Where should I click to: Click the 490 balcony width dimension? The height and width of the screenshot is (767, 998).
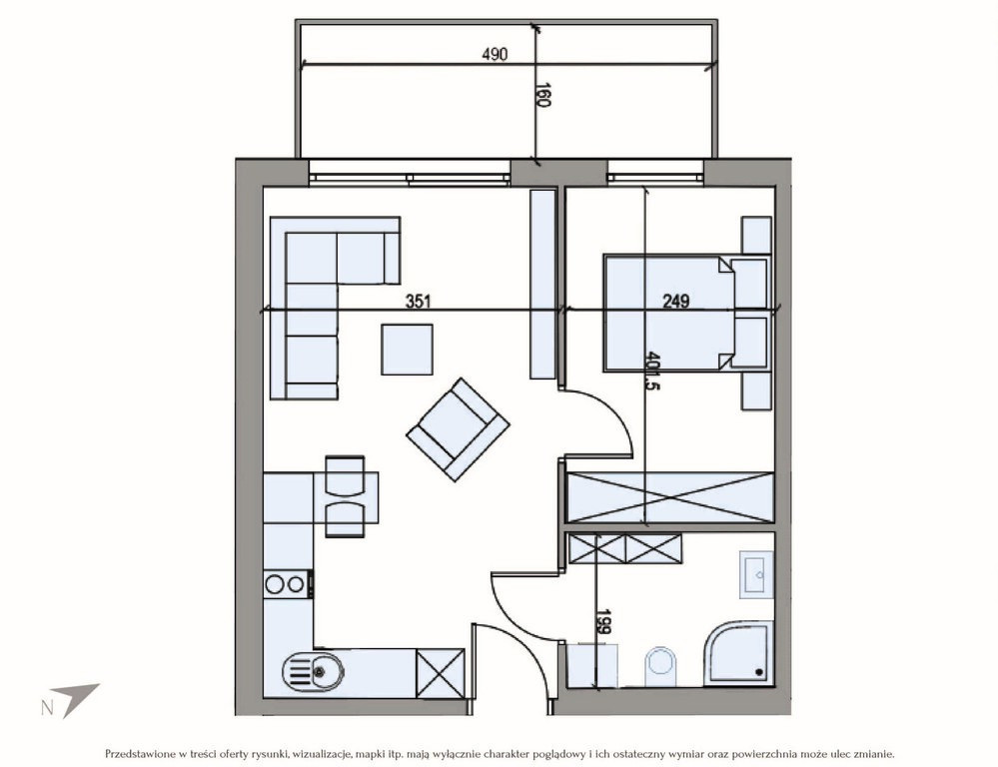[x=495, y=55]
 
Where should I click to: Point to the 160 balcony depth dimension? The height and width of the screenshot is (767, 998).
[x=542, y=95]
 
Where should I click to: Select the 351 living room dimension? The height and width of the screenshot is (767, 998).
[x=419, y=301]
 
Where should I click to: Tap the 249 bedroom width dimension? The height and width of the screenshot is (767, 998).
[x=676, y=301]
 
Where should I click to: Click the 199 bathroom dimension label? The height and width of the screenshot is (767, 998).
[x=602, y=622]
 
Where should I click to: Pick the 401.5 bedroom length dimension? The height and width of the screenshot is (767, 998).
[x=651, y=371]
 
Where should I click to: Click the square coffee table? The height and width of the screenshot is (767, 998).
[x=408, y=350]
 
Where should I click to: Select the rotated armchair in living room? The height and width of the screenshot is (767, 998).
[x=458, y=429]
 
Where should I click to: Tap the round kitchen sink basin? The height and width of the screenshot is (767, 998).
[x=313, y=671]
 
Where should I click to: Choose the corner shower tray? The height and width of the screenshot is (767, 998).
[x=738, y=654]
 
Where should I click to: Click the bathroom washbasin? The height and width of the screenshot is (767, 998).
[x=756, y=575]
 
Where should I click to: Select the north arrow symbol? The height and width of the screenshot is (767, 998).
[x=72, y=698]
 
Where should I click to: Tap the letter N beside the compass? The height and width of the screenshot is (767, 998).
[x=47, y=708]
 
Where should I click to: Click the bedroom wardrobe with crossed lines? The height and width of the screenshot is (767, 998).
[x=670, y=497]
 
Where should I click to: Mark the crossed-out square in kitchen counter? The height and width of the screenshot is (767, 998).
[x=440, y=673]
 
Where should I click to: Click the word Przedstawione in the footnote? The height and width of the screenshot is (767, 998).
[x=140, y=754]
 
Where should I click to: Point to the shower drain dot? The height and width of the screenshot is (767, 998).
[x=758, y=671]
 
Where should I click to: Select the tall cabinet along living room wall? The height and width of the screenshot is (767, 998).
[x=542, y=285]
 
